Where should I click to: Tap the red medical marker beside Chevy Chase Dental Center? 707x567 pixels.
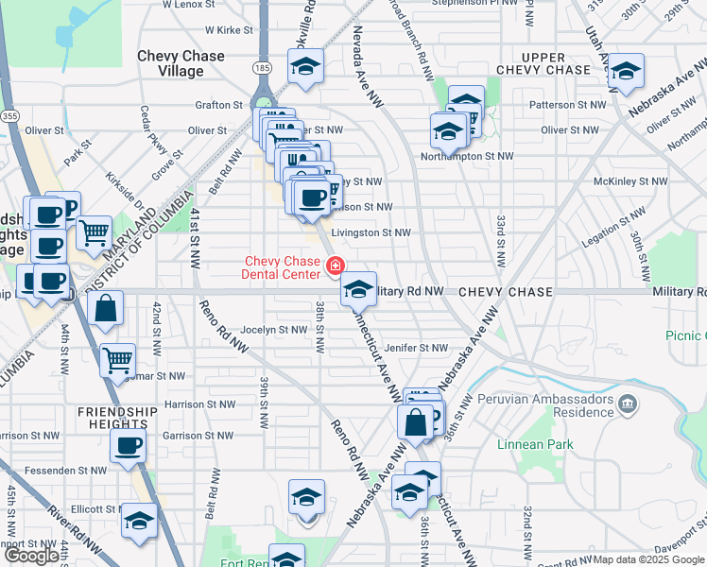(x=334, y=268)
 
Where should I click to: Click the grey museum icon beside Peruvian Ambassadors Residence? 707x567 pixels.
(x=627, y=405)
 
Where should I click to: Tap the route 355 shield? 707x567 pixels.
(x=9, y=115)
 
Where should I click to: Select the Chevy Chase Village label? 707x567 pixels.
(x=181, y=63)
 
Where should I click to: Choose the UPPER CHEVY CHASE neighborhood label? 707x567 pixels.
(x=543, y=64)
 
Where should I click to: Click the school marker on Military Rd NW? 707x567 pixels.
(x=358, y=289)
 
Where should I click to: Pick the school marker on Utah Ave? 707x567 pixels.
(x=625, y=71)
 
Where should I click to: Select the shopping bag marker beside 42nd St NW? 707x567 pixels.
(x=105, y=307)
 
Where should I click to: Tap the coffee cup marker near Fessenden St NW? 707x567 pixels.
(x=128, y=445)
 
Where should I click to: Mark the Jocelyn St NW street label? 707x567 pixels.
(x=273, y=330)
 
